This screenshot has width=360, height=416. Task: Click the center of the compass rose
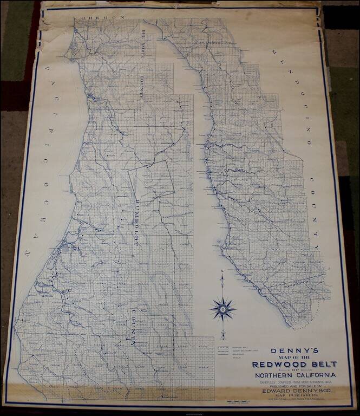click(x=223, y=310)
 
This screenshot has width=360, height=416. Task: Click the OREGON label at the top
click(x=99, y=17)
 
